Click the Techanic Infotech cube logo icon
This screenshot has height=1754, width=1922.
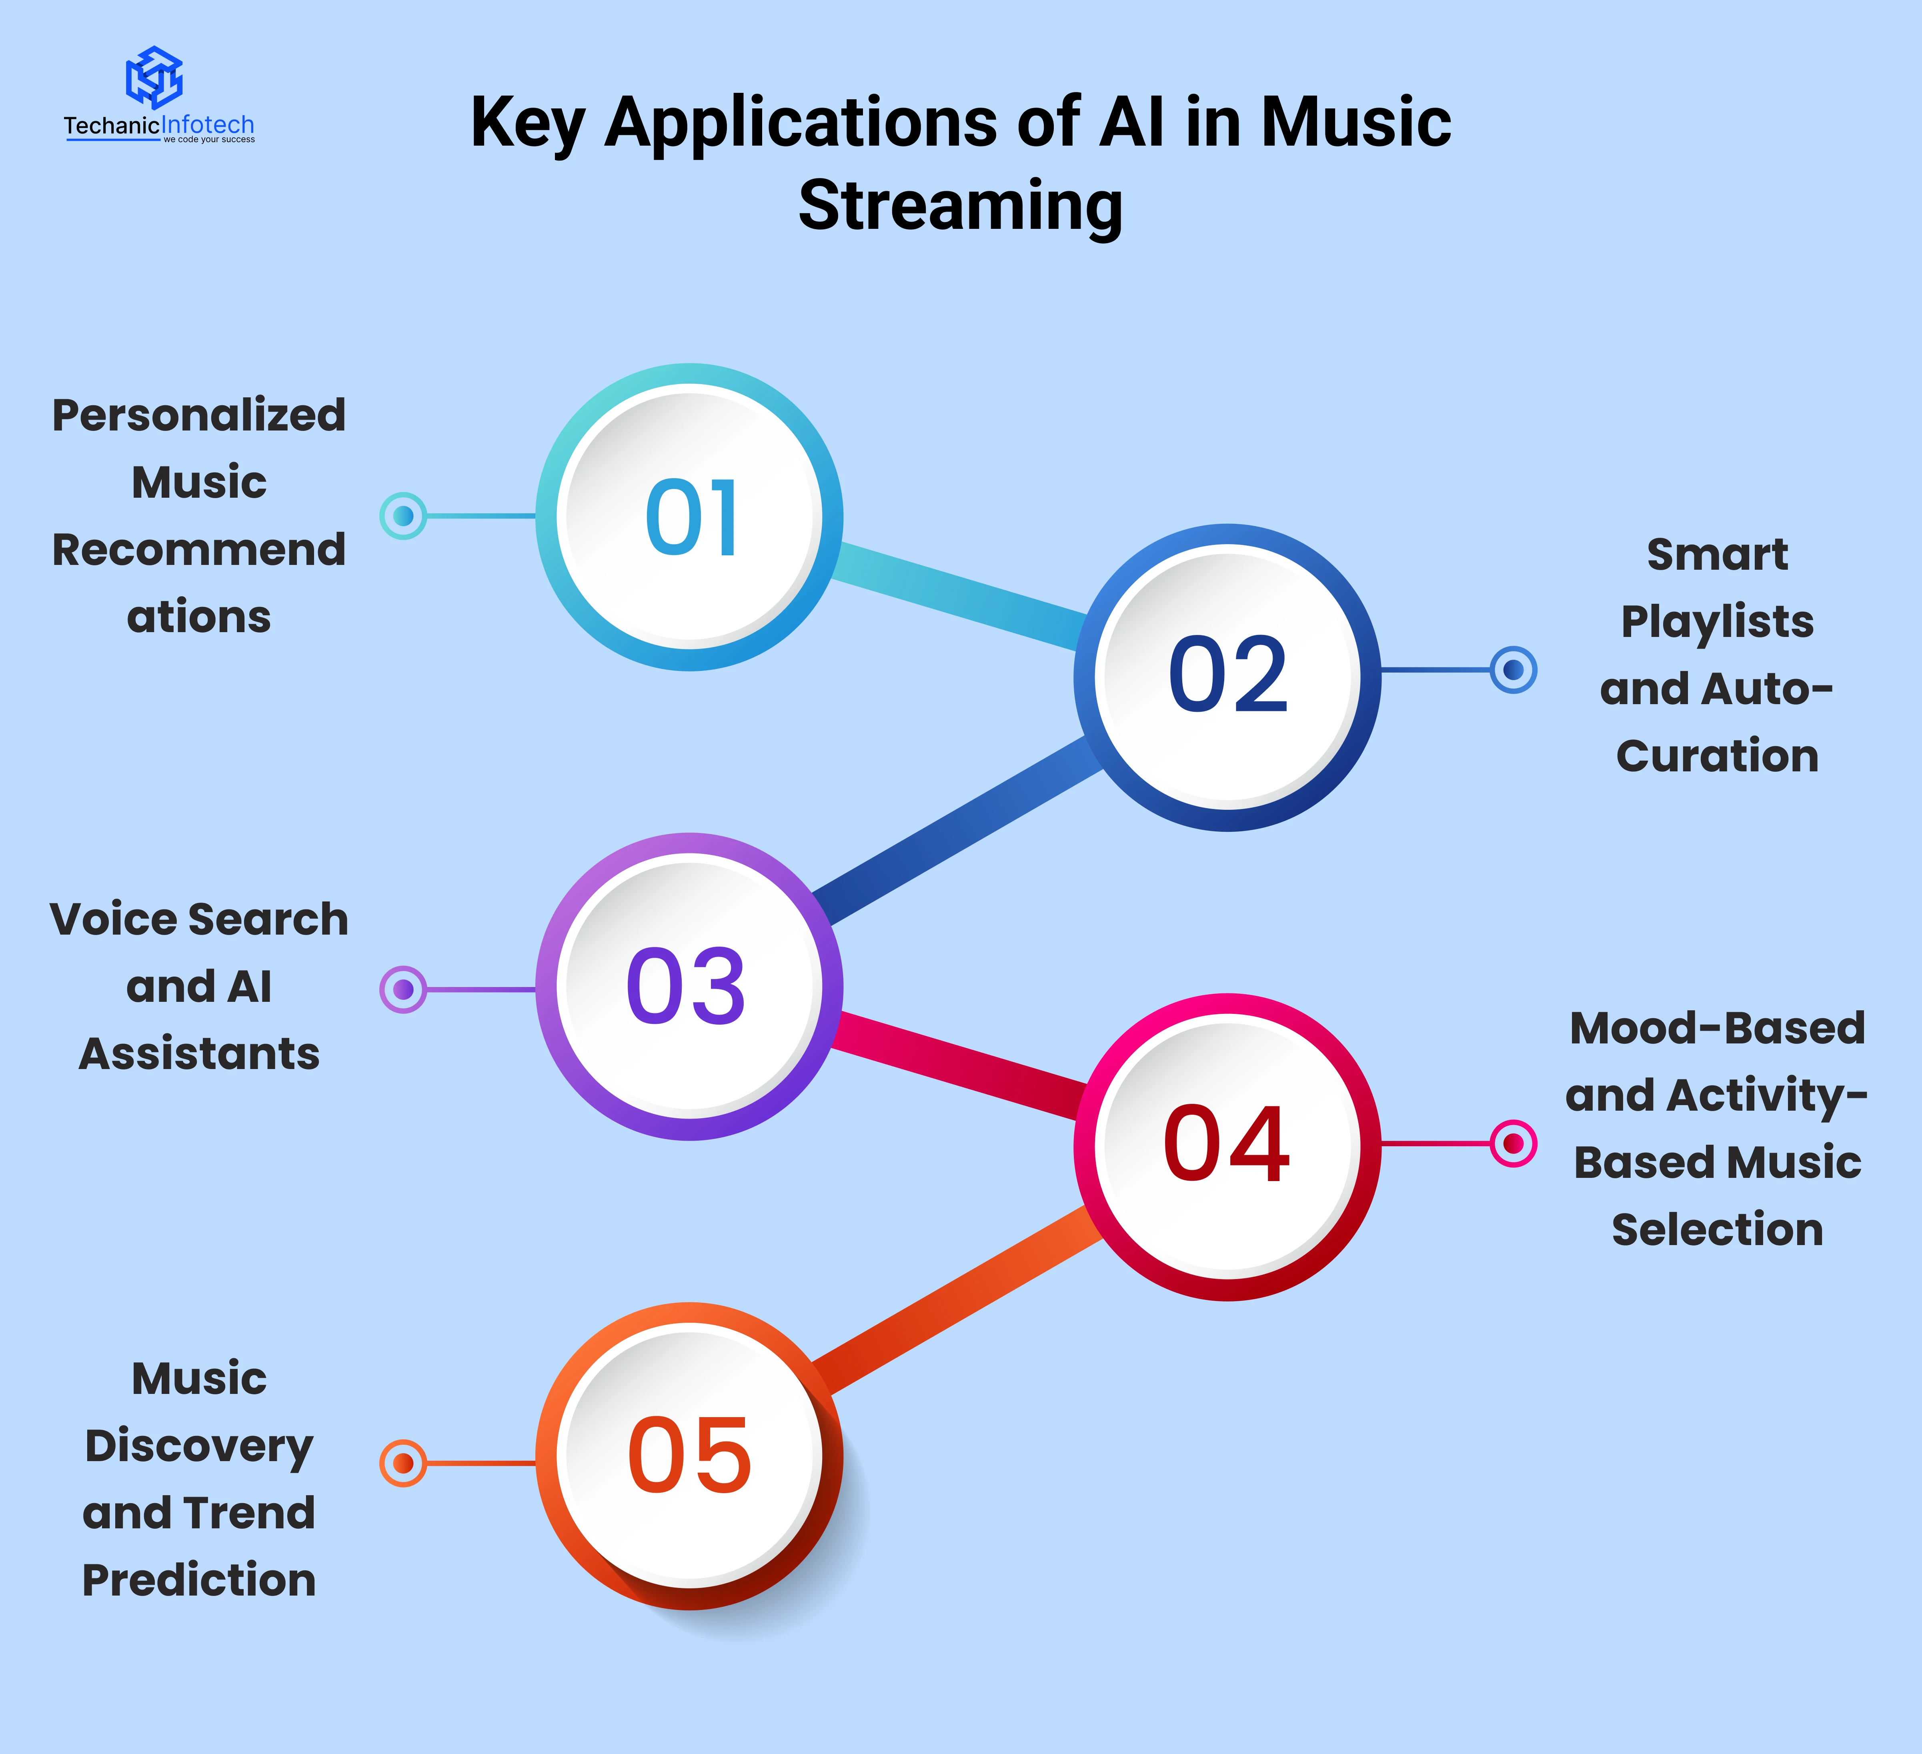tap(154, 76)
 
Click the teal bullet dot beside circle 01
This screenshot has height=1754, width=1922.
tap(403, 516)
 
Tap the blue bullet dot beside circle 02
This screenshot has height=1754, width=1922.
tap(1513, 670)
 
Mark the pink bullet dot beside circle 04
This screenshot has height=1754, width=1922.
tap(1513, 1143)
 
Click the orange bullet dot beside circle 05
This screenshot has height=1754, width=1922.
tap(403, 1462)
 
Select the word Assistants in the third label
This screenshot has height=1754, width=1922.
tap(198, 1053)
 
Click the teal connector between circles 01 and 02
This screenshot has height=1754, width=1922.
tap(958, 598)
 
